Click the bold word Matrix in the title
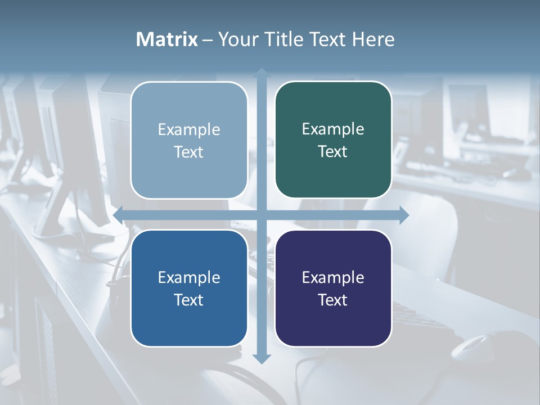point(167,39)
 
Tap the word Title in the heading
point(281,39)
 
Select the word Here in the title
point(373,39)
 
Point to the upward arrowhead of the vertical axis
point(262,73)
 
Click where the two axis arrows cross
point(262,215)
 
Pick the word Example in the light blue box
point(189,130)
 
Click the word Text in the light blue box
point(189,152)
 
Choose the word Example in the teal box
point(333,129)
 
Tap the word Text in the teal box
point(333,151)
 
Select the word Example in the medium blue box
point(189,278)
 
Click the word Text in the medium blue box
point(189,300)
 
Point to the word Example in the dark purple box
point(333,278)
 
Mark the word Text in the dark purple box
point(333,300)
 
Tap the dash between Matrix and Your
point(208,40)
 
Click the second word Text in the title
point(328,39)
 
